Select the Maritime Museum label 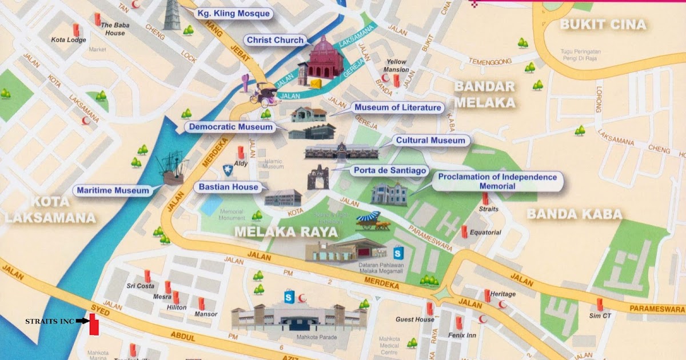point(113,190)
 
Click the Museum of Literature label point(398,107)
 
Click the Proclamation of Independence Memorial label point(497,182)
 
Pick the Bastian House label point(229,187)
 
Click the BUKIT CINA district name point(603,25)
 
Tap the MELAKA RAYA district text point(286,232)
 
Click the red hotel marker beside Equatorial point(465,231)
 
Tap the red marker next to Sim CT point(600,304)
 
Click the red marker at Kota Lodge point(75,30)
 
